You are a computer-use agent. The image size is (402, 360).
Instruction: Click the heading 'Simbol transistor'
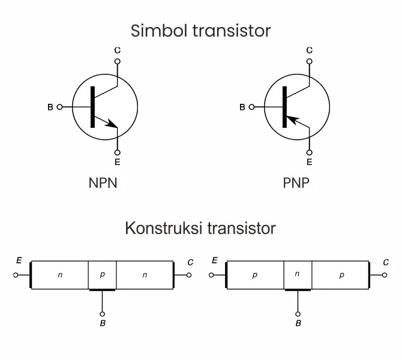point(200,30)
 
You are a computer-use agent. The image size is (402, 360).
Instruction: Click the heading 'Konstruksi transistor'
point(200,229)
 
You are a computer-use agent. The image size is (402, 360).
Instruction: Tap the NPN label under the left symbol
point(103,183)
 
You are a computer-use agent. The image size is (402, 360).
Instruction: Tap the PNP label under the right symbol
point(296,183)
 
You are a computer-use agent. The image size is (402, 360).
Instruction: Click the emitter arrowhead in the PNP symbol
point(292,121)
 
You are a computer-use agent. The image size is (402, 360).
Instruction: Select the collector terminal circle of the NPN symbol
point(117,61)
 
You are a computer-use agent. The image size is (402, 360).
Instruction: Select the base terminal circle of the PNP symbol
point(251,107)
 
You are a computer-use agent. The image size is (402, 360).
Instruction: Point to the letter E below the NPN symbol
point(117,162)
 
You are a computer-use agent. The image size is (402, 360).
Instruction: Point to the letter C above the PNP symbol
point(309,50)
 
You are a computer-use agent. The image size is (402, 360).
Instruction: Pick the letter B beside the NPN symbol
point(50,107)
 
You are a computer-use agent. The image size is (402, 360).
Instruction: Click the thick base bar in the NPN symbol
point(92,107)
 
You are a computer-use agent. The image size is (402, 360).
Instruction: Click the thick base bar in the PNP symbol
point(284,107)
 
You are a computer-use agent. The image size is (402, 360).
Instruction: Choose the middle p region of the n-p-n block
point(102,275)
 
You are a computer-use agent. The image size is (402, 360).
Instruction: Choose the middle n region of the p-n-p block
point(297,275)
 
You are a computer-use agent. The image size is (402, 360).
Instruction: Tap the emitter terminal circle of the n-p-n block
point(16,275)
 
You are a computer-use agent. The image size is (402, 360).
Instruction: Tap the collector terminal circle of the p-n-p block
point(385,275)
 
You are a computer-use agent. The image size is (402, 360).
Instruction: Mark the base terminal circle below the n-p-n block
point(102,313)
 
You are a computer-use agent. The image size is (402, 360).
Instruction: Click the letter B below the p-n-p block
point(298,324)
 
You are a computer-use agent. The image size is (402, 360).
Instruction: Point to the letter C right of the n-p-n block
point(190,262)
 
